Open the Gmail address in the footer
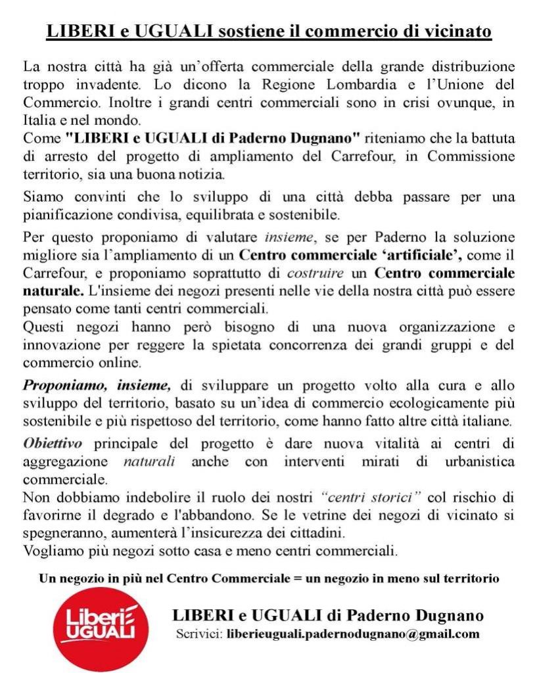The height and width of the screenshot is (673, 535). pos(352,634)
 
